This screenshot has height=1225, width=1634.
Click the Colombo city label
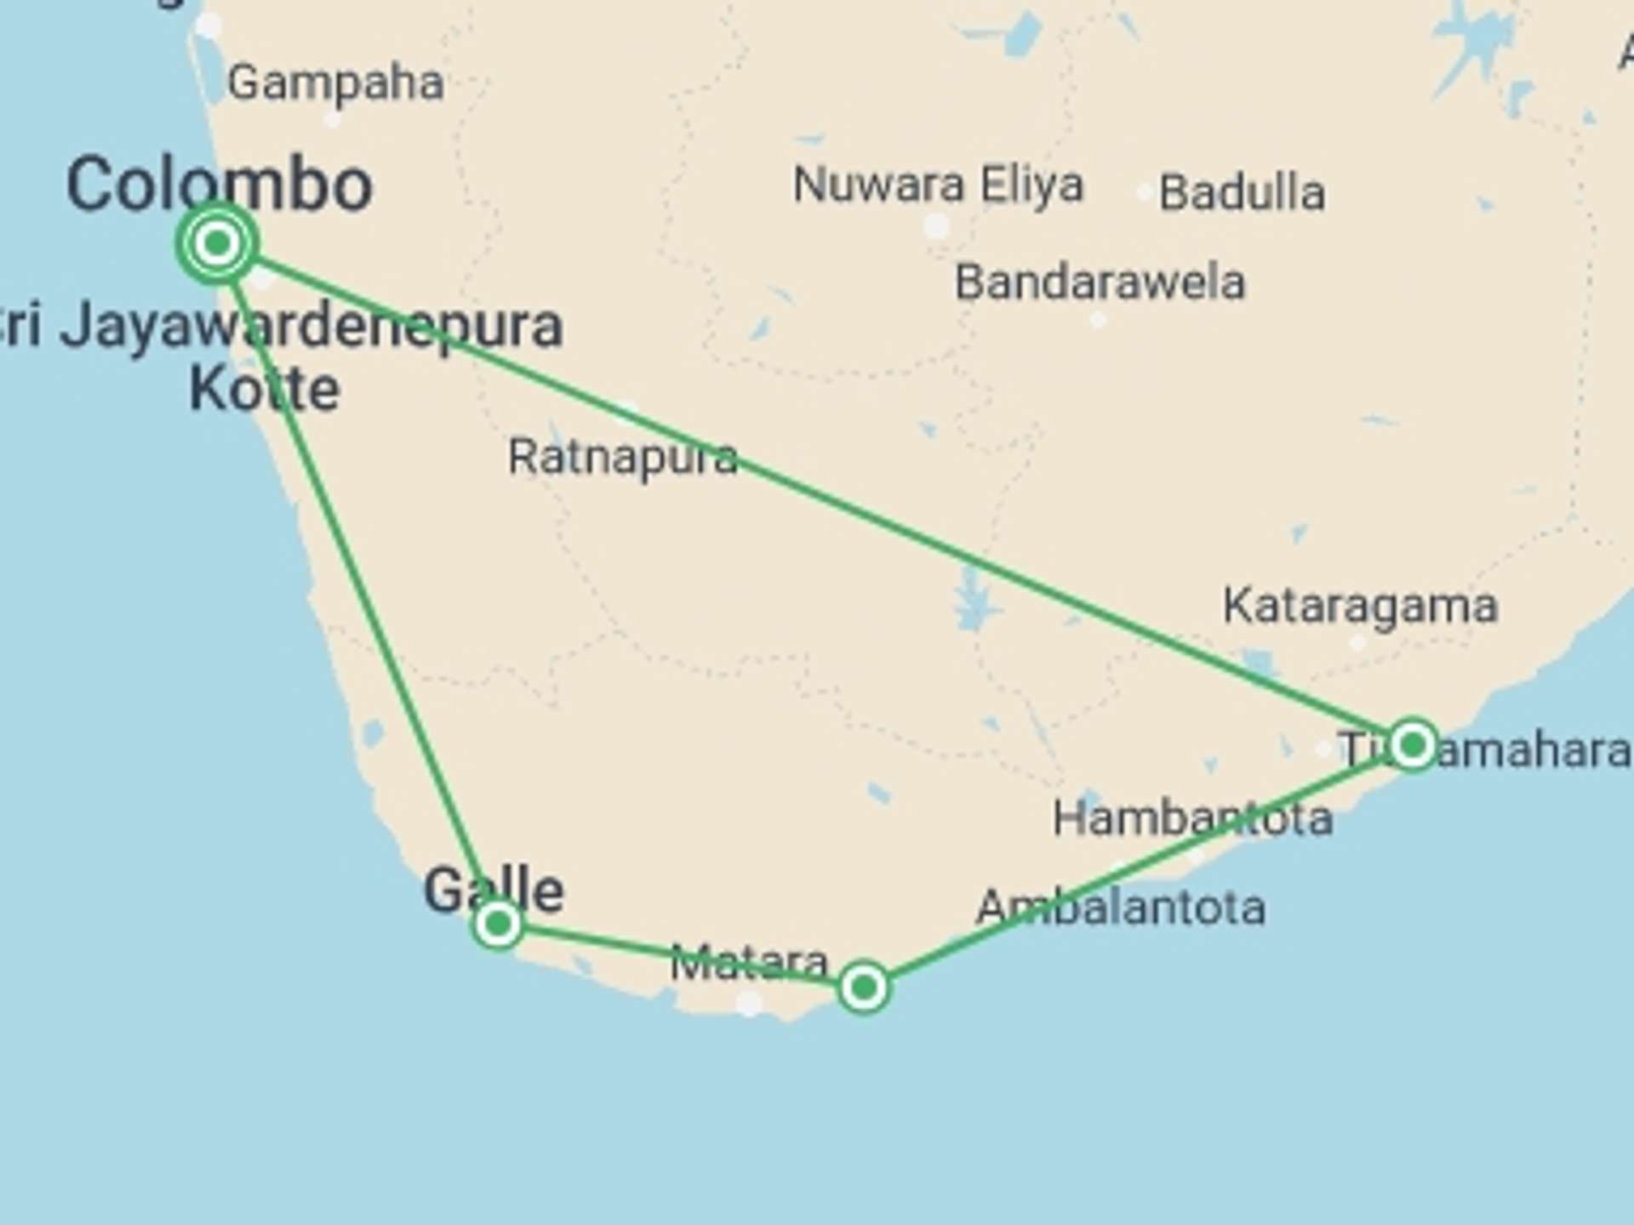tap(220, 184)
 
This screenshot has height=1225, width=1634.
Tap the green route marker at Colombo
tap(217, 244)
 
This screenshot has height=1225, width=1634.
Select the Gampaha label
tap(335, 83)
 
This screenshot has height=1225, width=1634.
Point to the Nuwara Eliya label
tap(938, 185)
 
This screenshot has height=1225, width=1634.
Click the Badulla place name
tap(1242, 193)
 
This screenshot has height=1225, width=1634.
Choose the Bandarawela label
tap(1100, 282)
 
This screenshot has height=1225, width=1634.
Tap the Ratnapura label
tap(622, 458)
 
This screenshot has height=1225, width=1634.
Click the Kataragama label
tap(1360, 607)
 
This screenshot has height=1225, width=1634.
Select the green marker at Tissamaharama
tap(1413, 746)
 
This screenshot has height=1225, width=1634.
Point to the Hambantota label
tap(1192, 818)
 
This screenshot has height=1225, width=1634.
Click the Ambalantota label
tap(1120, 908)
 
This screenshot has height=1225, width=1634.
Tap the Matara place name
tap(749, 963)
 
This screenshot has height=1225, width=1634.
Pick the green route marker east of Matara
tap(864, 988)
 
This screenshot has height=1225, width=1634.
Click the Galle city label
tap(494, 890)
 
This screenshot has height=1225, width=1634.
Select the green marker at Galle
tap(498, 924)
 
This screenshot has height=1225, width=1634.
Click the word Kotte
tap(265, 390)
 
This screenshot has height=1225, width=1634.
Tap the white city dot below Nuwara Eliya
tap(936, 226)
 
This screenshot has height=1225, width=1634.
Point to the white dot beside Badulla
tap(1146, 192)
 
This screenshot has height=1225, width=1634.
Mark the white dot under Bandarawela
tap(1098, 321)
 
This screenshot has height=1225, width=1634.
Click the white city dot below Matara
tap(749, 1004)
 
